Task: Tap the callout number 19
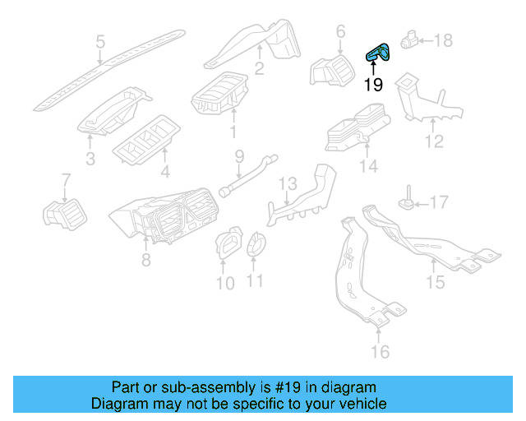click(373, 84)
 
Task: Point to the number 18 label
click(443, 39)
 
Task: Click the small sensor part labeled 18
click(409, 39)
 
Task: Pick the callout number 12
click(433, 141)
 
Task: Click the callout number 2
click(259, 69)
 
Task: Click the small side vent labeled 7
click(63, 213)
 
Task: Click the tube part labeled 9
click(244, 177)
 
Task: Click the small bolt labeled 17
click(406, 199)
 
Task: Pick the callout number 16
click(378, 352)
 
